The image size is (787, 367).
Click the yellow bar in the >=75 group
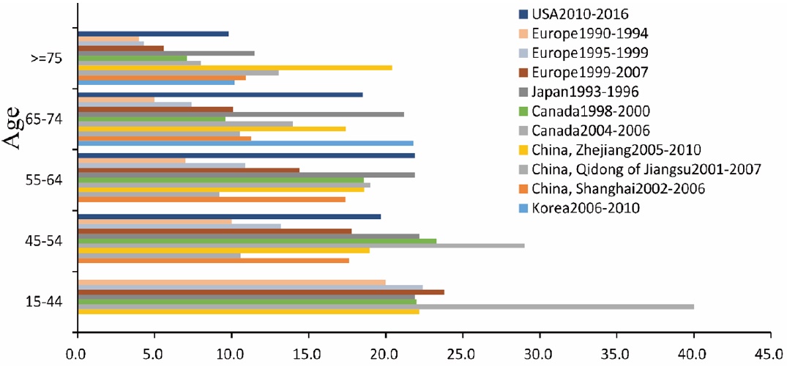coord(234,67)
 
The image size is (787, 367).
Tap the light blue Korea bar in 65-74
coord(245,143)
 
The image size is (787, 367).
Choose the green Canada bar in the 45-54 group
coord(256,240)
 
